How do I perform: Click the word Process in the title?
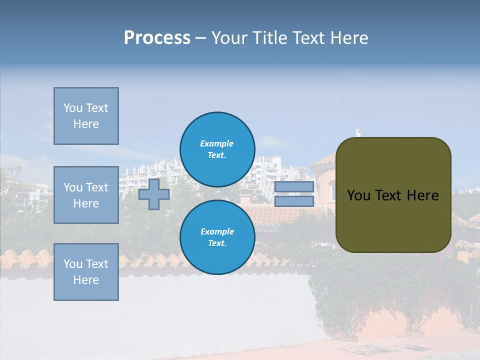point(157,38)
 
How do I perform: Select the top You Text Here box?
point(86,116)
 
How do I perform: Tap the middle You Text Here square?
point(86,195)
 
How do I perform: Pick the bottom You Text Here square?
point(86,272)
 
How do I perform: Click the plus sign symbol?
point(154,194)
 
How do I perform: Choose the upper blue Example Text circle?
point(217,149)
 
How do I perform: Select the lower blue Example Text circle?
point(217,237)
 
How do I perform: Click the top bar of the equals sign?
point(294,187)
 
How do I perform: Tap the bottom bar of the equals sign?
point(294,201)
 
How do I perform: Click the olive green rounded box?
point(393,220)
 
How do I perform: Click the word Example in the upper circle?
point(217,143)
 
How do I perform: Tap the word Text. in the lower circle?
point(217,243)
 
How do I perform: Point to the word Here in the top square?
point(86,124)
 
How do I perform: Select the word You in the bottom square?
point(73,264)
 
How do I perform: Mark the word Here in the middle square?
point(86,203)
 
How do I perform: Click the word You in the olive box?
point(358,195)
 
